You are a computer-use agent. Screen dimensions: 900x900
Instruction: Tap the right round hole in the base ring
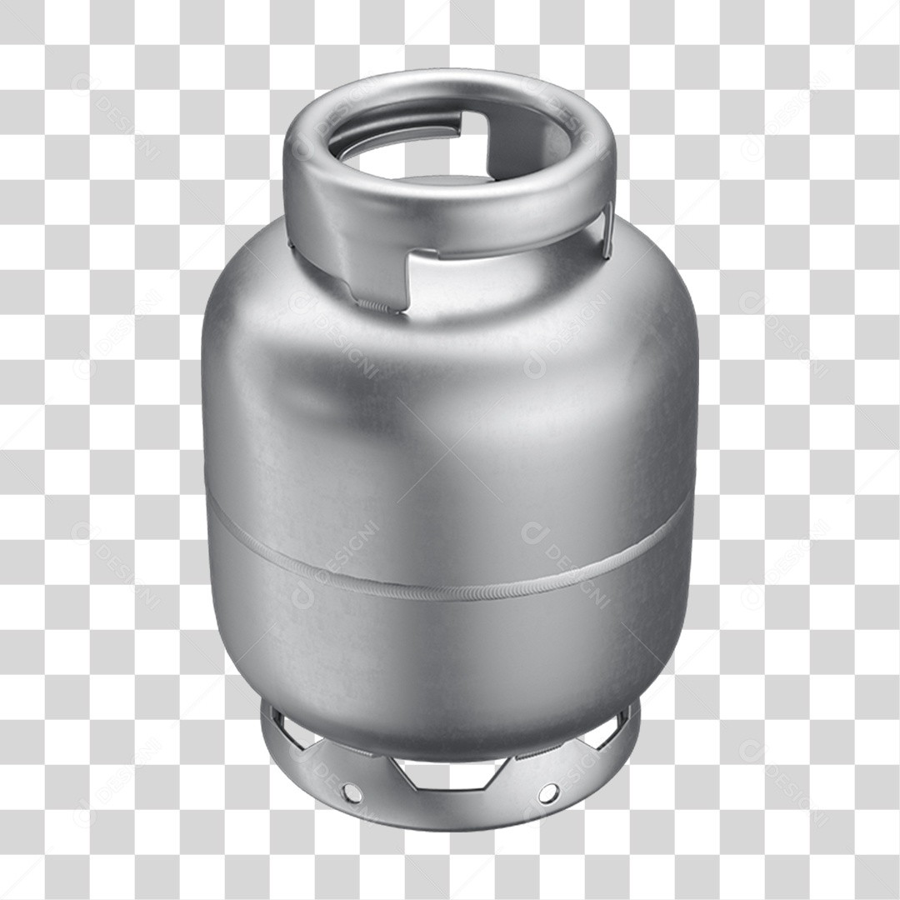[548, 792]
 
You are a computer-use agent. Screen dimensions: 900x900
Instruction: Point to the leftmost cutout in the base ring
[287, 732]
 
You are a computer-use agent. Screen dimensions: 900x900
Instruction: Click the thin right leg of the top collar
[607, 229]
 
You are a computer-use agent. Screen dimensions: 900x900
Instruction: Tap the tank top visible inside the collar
[450, 177]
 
